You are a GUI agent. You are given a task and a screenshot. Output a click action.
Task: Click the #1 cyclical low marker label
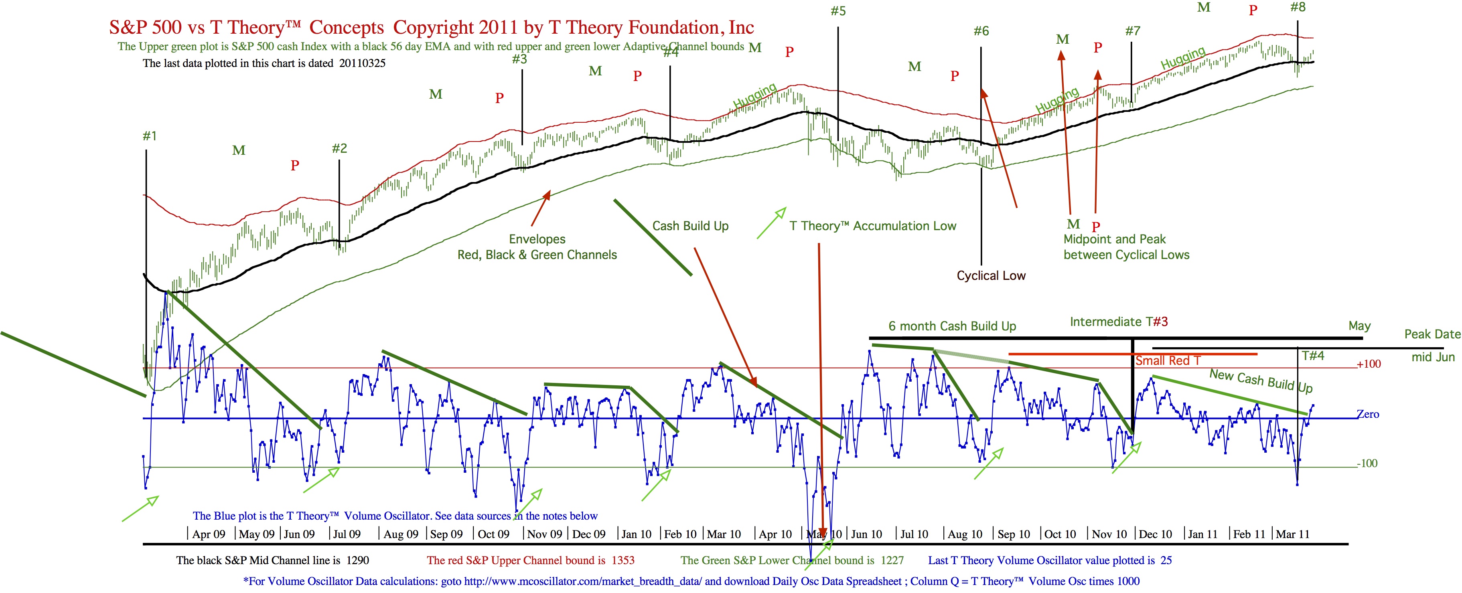pos(149,136)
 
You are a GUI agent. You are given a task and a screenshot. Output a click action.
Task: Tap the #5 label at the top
pos(838,11)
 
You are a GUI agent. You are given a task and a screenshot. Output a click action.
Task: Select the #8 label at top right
pos(1298,7)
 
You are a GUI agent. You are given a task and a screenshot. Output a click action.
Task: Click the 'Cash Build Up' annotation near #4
pos(690,226)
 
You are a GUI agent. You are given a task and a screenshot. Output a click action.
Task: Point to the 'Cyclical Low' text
pos(991,276)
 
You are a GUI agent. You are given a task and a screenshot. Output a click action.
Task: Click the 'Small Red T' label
pos(1168,361)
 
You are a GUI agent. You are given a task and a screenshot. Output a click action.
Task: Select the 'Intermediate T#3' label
pos(1119,322)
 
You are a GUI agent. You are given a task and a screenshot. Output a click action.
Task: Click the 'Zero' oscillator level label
pos(1367,414)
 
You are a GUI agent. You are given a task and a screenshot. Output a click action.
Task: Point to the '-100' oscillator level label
pos(1367,463)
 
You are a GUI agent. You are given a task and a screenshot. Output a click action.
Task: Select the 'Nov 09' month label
pos(544,534)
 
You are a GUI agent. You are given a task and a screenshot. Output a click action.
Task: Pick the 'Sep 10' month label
pos(1014,534)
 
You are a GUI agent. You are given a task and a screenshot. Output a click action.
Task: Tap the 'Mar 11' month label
pos(1292,534)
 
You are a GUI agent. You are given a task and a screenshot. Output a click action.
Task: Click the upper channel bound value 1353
pos(623,561)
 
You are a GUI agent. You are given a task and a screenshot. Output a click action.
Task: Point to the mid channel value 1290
pos(357,561)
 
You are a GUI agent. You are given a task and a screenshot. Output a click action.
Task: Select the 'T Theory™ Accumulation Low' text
pos(872,226)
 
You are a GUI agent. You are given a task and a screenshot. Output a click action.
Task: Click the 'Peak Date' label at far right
pos(1432,334)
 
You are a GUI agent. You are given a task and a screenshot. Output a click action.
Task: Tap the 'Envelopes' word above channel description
pos(537,239)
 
